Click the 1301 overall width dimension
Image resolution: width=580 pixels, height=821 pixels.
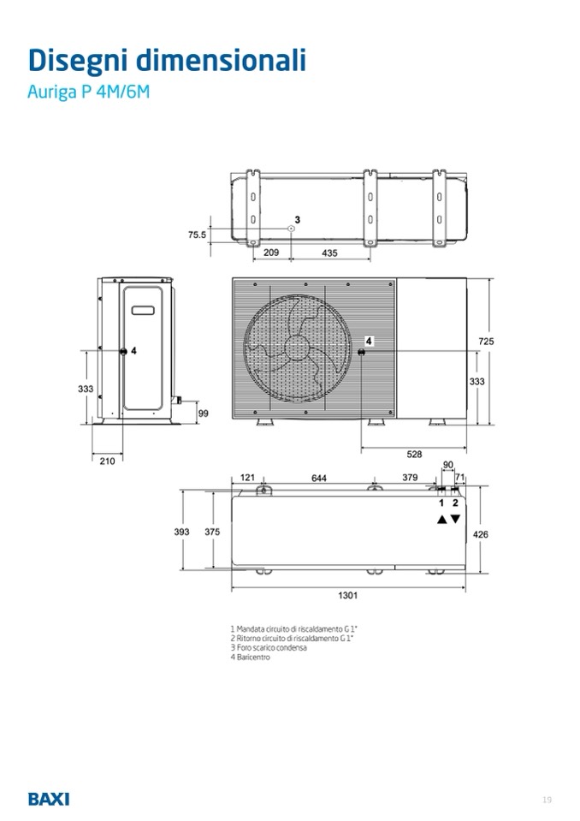pyautogui.click(x=348, y=595)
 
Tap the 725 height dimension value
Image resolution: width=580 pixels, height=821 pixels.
pyautogui.click(x=486, y=342)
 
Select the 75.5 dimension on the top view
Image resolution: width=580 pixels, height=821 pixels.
pyautogui.click(x=197, y=235)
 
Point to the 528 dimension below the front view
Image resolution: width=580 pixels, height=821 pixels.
pyautogui.click(x=414, y=455)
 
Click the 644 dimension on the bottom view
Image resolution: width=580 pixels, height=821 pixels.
pyautogui.click(x=319, y=478)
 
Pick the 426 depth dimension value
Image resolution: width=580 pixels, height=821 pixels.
pyautogui.click(x=480, y=534)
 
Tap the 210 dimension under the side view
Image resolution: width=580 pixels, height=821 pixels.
pyautogui.click(x=107, y=461)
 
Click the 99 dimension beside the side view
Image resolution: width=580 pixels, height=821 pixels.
pyautogui.click(x=204, y=413)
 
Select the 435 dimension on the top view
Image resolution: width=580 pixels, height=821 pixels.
pyautogui.click(x=329, y=253)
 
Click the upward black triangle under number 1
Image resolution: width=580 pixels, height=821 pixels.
pyautogui.click(x=442, y=520)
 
